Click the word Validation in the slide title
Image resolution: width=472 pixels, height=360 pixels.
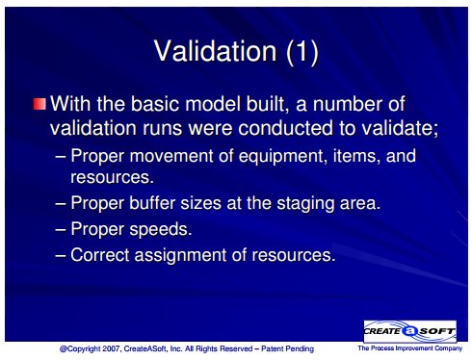click(x=215, y=51)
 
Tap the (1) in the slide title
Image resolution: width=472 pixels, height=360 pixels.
click(x=302, y=51)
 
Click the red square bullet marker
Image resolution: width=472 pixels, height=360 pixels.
click(x=39, y=104)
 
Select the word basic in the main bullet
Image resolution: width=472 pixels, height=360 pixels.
click(x=155, y=104)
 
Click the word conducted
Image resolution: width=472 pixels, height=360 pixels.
click(x=286, y=128)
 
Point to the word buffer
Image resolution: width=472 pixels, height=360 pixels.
click(x=152, y=203)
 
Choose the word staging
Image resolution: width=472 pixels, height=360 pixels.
click(x=305, y=204)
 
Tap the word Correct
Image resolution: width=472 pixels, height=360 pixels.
click(x=100, y=255)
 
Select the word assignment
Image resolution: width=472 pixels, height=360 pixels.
click(x=180, y=256)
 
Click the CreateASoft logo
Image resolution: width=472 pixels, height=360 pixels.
click(x=410, y=331)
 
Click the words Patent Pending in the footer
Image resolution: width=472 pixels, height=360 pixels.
click(x=287, y=348)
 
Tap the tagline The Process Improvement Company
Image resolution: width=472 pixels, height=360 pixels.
click(x=410, y=348)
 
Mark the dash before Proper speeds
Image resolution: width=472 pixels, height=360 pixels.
click(x=61, y=229)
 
